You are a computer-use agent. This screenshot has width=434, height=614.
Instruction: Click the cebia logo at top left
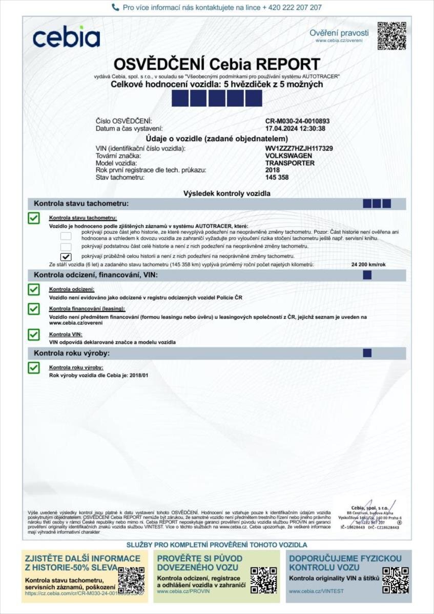(x=66, y=37)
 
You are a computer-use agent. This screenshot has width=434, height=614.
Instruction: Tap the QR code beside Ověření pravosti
(x=391, y=36)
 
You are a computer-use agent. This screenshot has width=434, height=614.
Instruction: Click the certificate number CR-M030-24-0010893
(x=297, y=121)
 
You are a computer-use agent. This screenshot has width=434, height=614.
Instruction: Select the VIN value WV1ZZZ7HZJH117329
(x=299, y=148)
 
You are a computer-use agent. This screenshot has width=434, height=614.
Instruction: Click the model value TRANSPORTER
(x=290, y=163)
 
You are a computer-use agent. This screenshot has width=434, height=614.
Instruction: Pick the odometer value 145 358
(x=277, y=178)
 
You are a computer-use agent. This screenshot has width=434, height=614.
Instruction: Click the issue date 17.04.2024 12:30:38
(x=295, y=128)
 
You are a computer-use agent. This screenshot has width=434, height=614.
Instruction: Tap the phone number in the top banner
(x=292, y=8)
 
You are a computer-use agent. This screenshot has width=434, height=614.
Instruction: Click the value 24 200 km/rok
(x=369, y=265)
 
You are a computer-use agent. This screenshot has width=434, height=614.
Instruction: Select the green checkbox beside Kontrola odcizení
(x=34, y=290)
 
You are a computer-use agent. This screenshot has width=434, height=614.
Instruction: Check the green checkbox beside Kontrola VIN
(x=34, y=335)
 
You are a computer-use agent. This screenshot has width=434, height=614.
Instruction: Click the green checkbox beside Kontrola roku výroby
(x=34, y=367)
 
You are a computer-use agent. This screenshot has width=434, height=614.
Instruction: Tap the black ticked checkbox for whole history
(x=66, y=256)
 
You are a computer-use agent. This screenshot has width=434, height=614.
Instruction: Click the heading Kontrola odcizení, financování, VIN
(x=95, y=275)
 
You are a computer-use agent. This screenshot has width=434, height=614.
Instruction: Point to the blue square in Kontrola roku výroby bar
(x=367, y=353)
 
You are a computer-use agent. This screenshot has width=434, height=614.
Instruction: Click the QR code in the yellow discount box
(x=131, y=580)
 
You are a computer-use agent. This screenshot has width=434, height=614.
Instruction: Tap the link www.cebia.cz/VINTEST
(x=316, y=591)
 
